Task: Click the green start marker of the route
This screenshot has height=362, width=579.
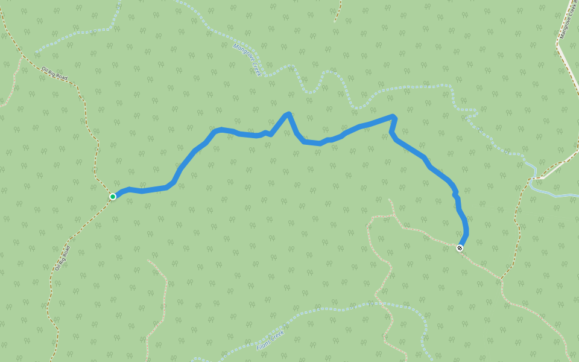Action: point(113,197)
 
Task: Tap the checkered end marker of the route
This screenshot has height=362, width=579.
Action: point(460,248)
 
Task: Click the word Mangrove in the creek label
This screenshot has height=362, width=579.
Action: point(242,53)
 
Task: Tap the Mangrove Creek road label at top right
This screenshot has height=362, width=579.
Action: point(569,21)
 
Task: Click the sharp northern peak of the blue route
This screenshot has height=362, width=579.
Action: point(289,114)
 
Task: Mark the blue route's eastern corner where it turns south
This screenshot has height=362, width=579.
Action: point(394,116)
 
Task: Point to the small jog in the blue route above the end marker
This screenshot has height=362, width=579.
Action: point(456,195)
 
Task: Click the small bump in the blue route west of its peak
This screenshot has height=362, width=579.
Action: point(265,132)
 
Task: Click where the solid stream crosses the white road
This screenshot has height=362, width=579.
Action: point(533,179)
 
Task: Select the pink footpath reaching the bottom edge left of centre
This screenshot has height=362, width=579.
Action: point(149,344)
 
